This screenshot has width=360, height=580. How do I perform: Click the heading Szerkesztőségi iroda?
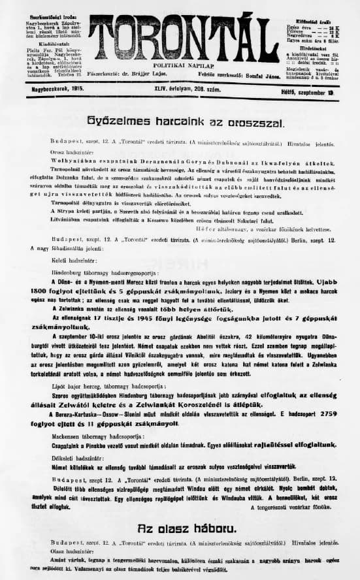[39, 7]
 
